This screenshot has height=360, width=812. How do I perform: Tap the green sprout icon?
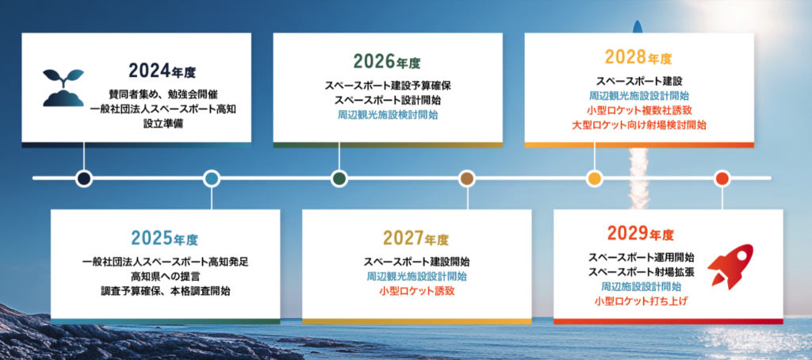pos(63,87)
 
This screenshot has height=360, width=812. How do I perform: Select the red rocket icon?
pos(730,266)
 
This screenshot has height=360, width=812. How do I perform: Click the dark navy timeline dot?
pos(83,178)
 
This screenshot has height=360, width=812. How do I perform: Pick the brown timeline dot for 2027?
pos(467,178)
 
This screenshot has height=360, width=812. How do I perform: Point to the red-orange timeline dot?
pos(722,178)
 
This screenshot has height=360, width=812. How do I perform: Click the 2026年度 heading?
pos(387,62)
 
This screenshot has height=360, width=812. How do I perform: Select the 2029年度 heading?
pos(641,235)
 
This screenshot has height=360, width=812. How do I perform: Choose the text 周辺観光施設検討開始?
pos(387,114)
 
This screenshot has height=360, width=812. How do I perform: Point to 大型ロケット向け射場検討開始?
pos(639,124)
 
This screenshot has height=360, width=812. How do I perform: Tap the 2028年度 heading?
pos(638,58)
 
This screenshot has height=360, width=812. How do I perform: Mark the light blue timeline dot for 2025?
pos(211,178)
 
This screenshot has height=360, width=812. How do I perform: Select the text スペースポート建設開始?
pos(417,262)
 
